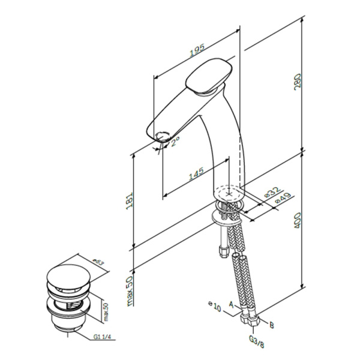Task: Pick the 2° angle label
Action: [175, 142]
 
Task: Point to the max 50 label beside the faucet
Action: [129, 290]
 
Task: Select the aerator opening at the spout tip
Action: [162, 134]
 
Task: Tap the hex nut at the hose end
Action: [254, 322]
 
